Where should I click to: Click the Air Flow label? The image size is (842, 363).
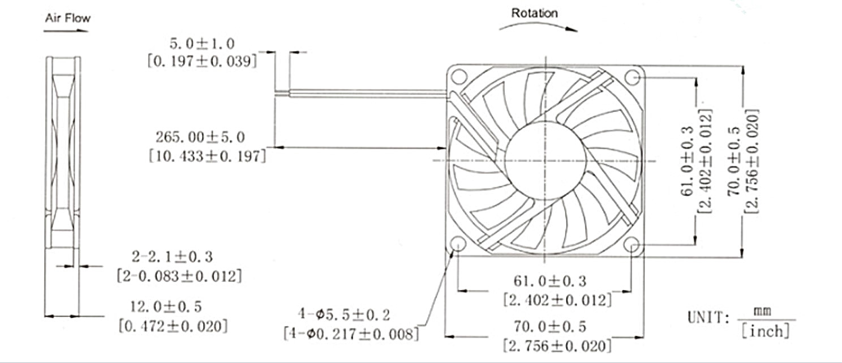[x=67, y=18]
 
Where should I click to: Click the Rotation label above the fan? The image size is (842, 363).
[x=534, y=13]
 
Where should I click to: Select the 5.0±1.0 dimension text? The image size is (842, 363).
[x=202, y=44]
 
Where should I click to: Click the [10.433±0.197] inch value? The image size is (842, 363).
[x=207, y=156]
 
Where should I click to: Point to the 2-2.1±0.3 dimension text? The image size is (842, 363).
[x=172, y=257]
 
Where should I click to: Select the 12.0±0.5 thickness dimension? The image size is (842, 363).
[x=166, y=307]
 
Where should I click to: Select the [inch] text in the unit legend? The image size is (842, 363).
[x=766, y=331]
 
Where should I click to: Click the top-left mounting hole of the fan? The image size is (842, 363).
[x=458, y=75]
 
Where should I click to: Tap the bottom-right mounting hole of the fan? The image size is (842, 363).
[x=633, y=245]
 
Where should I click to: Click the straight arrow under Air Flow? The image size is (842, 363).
[x=66, y=31]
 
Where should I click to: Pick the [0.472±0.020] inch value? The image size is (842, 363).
[x=173, y=326]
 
